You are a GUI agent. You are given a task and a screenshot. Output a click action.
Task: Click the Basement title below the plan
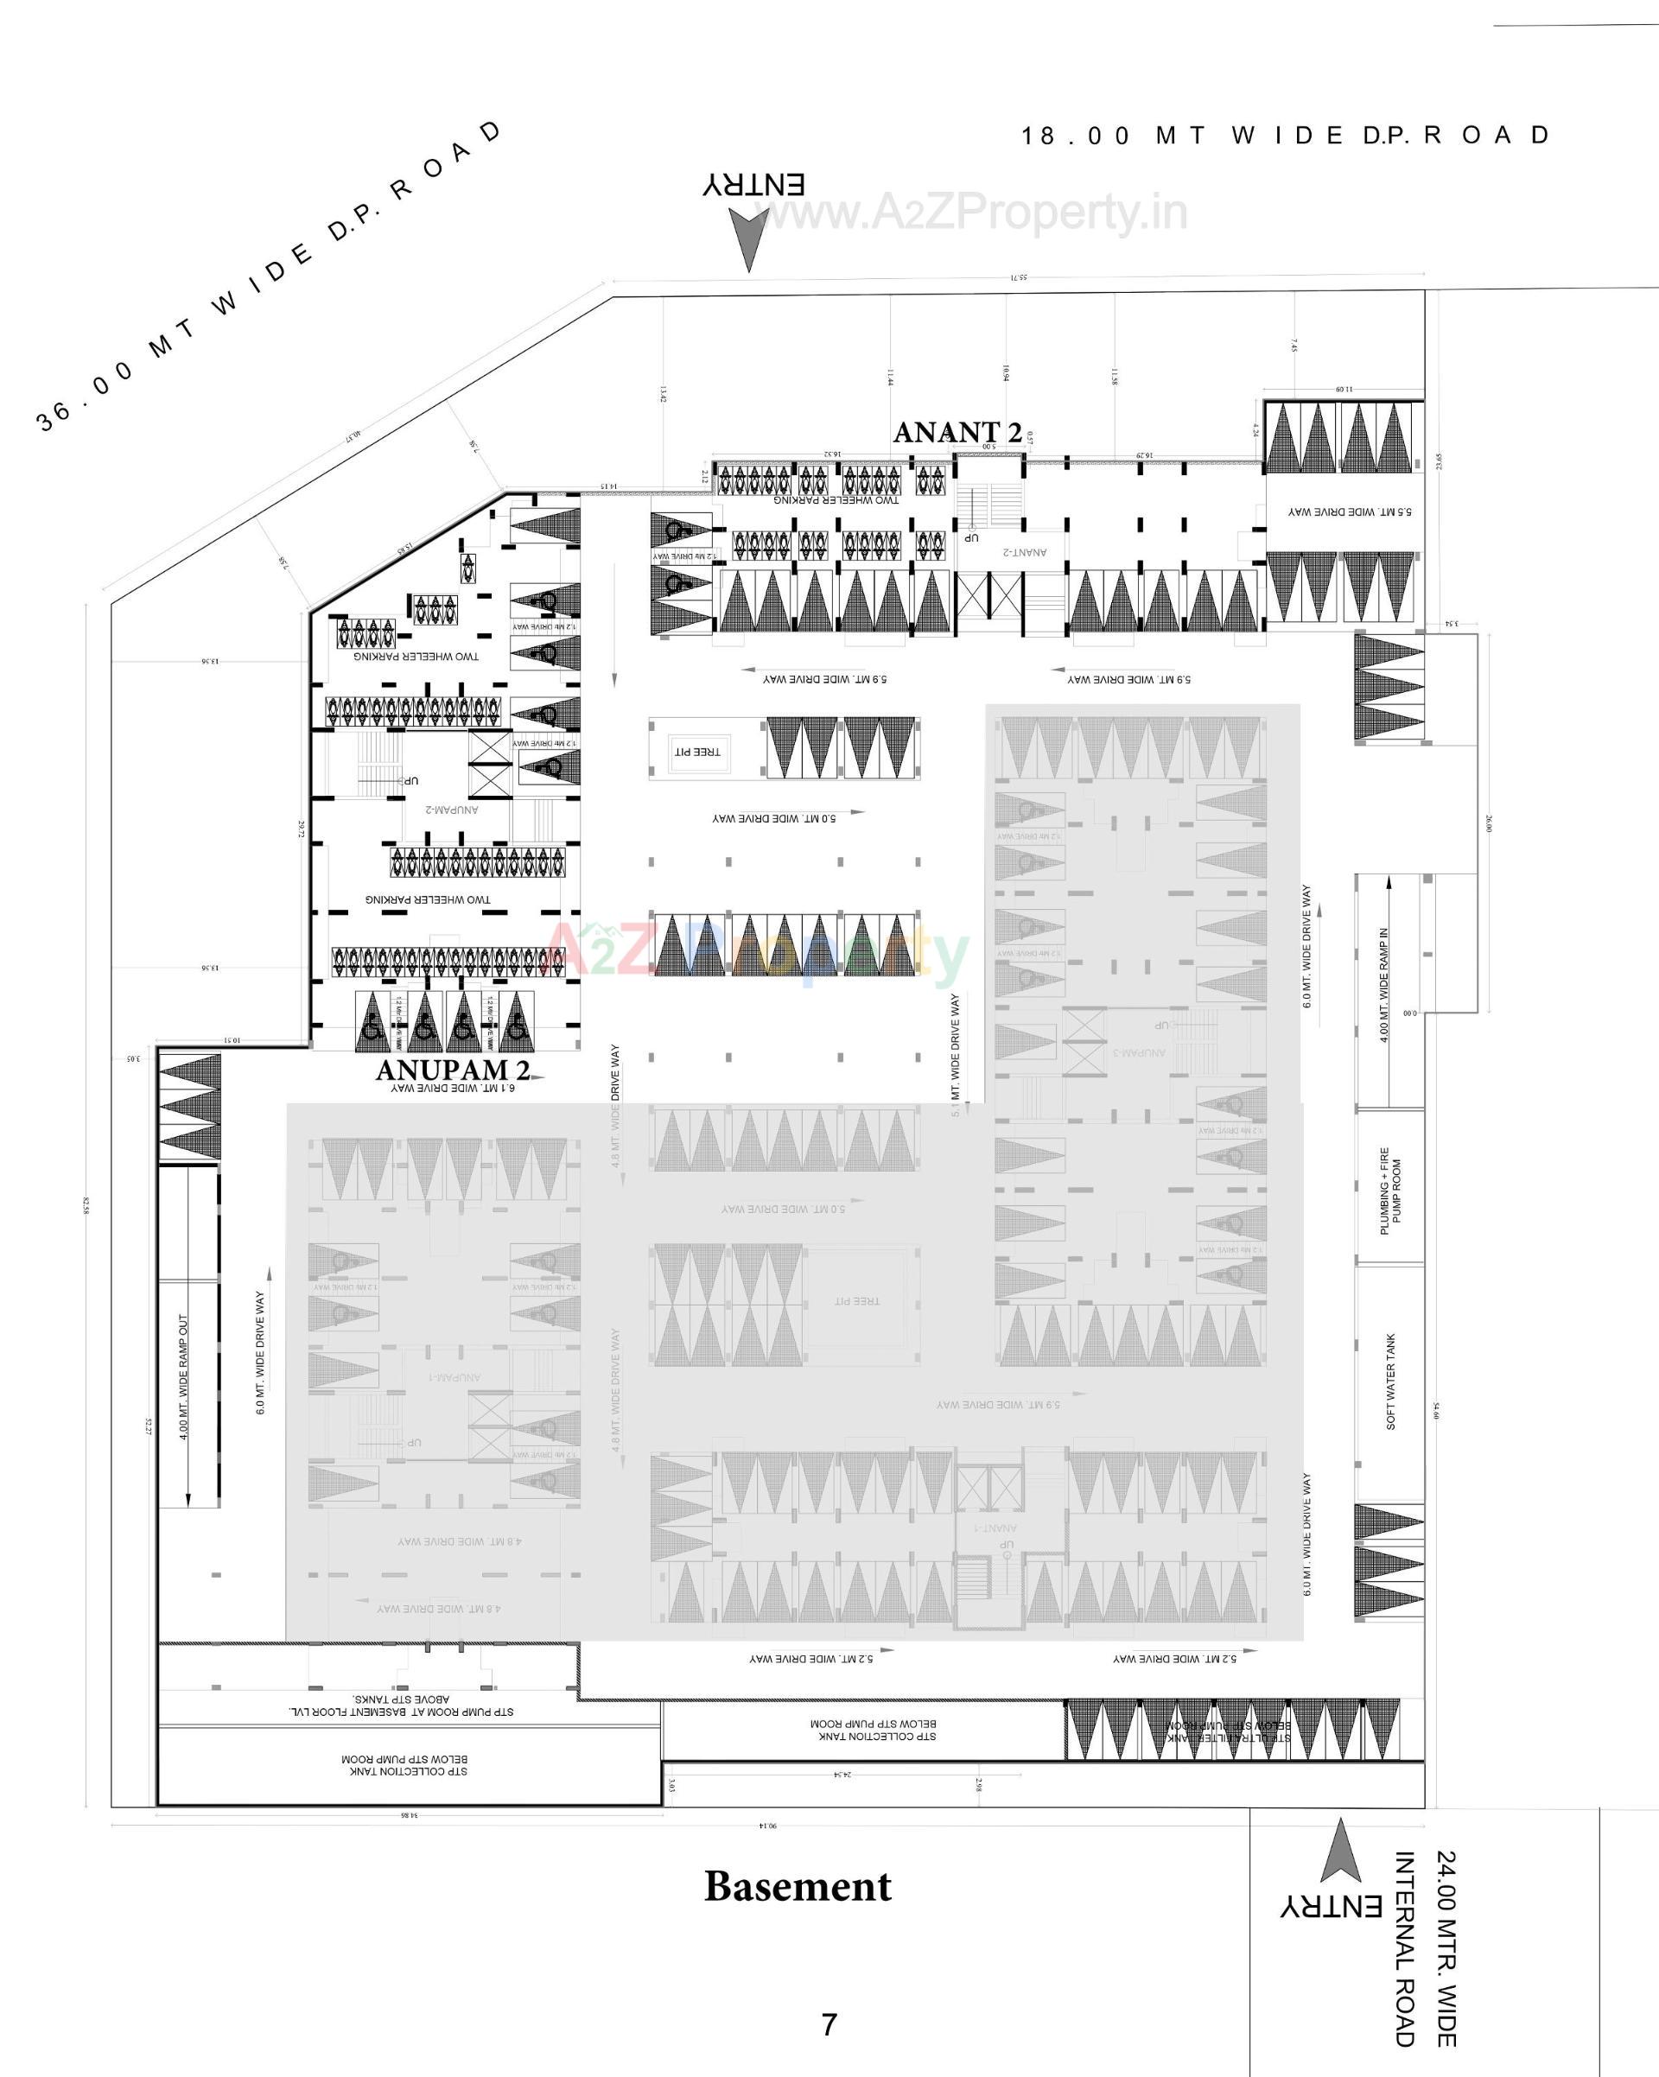(798, 1886)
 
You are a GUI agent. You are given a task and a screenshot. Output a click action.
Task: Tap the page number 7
(829, 2024)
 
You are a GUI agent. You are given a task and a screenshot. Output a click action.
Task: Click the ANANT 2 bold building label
(957, 434)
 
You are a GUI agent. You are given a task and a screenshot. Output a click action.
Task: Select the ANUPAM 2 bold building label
(453, 1070)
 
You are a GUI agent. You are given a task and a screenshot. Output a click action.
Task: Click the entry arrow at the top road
(748, 239)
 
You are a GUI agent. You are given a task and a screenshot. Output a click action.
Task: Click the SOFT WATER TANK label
(1390, 1381)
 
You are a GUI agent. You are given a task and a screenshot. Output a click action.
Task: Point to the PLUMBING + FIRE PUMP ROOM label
(1390, 1191)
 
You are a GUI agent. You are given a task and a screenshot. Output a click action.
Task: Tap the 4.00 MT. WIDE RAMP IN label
(1384, 985)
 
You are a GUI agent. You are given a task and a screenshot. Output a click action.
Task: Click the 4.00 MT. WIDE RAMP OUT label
(183, 1376)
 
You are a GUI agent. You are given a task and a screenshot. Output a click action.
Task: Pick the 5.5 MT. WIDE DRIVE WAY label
(1350, 511)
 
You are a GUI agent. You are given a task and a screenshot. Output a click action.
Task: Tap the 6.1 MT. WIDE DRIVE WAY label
(453, 1088)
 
